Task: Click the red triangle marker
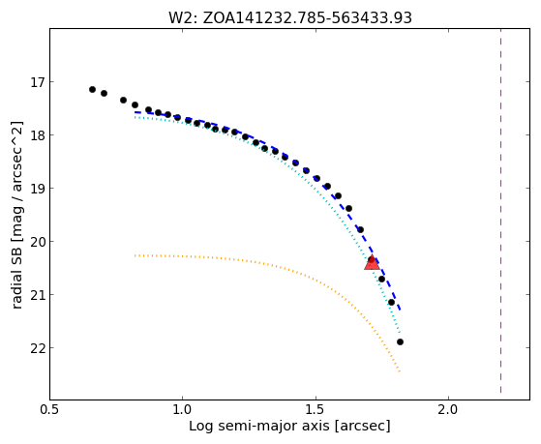[372, 263]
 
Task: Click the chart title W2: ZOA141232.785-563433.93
[289, 17]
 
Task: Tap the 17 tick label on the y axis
[38, 82]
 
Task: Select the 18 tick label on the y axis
[38, 135]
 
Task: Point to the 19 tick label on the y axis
[38, 189]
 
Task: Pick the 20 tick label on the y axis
[38, 242]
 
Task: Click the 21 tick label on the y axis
[38, 295]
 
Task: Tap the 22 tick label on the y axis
[38, 347]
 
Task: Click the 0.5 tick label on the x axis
[50, 409]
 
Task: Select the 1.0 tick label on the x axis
[183, 409]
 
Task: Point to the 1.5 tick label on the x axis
[316, 409]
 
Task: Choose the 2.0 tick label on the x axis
[448, 409]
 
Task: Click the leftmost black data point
[92, 89]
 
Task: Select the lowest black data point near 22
[400, 341]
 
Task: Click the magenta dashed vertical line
[500, 211]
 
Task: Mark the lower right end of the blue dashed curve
[401, 311]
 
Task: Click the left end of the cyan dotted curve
[135, 117]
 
